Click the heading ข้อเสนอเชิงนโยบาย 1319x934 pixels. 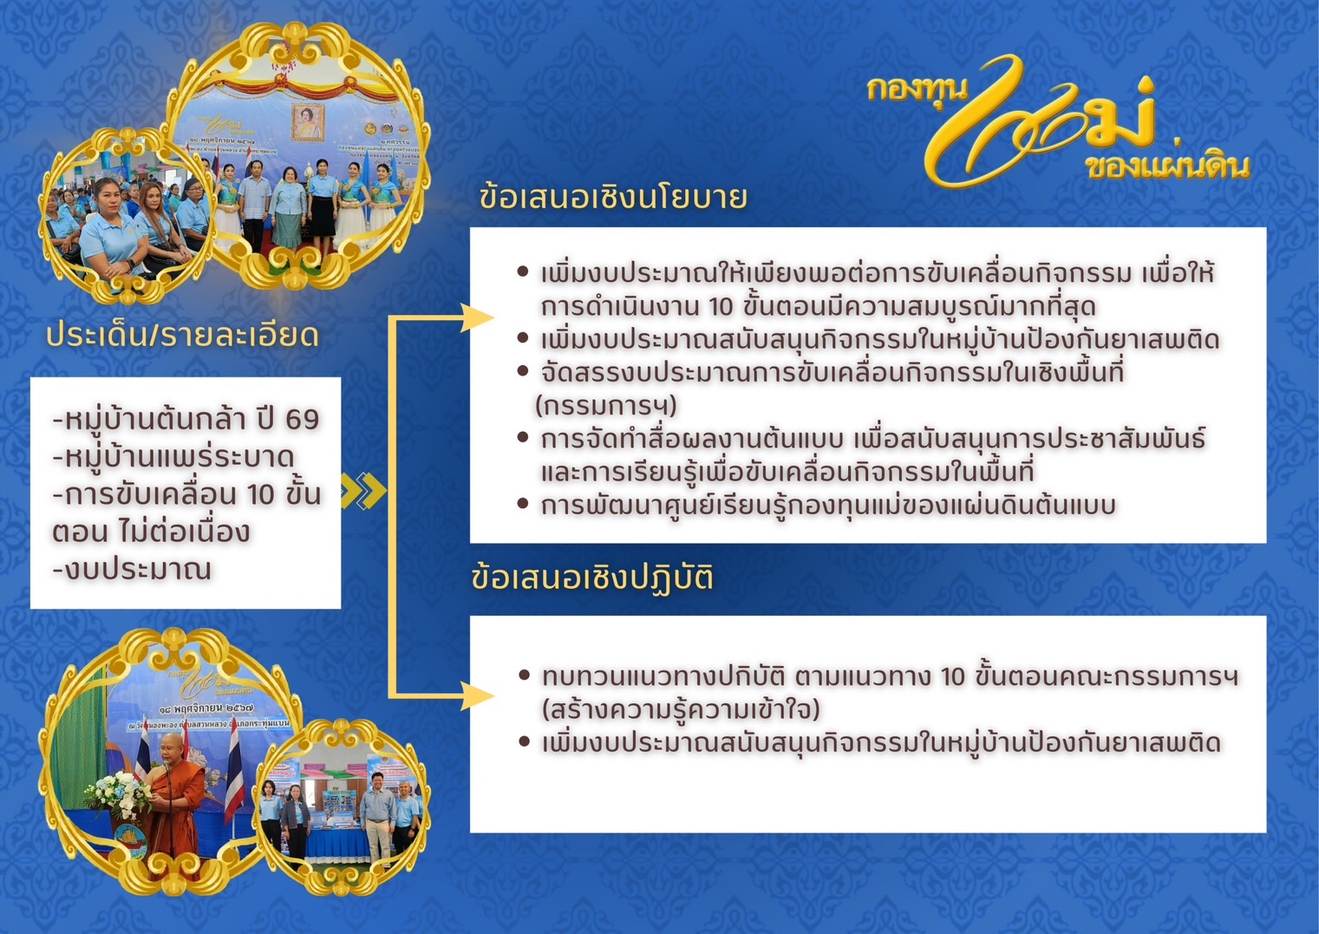(612, 198)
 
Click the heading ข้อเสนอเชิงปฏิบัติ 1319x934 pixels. (592, 578)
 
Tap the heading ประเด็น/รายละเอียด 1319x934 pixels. (182, 335)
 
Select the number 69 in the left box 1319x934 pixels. (302, 420)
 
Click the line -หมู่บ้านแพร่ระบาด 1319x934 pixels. (173, 457)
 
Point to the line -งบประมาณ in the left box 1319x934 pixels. (132, 570)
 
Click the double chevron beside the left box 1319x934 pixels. (363, 491)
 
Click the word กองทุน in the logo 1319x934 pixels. (916, 88)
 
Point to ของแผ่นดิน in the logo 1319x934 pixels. (1166, 166)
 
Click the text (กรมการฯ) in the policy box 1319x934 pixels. (605, 406)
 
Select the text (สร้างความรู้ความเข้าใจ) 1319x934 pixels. (681, 709)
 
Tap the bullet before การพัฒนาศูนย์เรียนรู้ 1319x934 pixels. (523, 504)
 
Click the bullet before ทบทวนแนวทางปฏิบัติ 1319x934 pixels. (524, 675)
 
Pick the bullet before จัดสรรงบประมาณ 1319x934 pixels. (523, 371)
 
